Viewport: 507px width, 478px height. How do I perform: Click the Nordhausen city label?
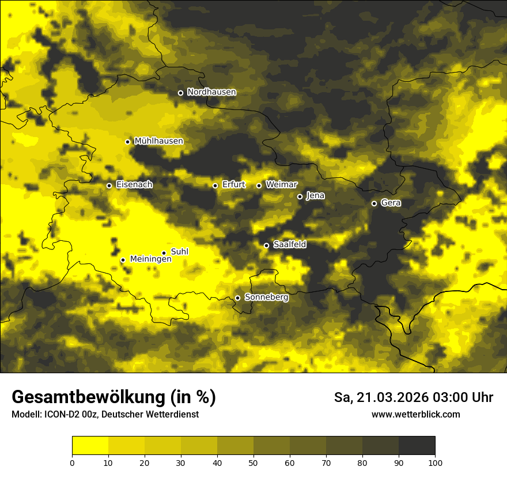click(x=211, y=92)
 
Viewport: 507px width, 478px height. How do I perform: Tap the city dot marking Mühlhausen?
click(x=127, y=142)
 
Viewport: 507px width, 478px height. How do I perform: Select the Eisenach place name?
click(x=134, y=185)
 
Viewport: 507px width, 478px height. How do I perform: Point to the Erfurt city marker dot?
click(x=215, y=185)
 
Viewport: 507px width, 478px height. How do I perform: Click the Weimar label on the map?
click(x=281, y=185)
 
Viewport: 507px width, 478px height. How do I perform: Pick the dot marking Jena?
click(x=300, y=196)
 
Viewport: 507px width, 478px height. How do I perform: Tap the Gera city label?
click(x=391, y=203)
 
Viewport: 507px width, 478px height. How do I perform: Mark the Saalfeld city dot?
click(x=266, y=245)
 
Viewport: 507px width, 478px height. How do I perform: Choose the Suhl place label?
click(x=180, y=252)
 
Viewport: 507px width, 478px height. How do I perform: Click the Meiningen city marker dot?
click(x=123, y=260)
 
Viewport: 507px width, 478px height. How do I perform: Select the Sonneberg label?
click(x=266, y=297)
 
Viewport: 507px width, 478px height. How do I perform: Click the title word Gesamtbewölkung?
click(x=89, y=397)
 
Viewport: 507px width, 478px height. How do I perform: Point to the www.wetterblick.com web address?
click(x=415, y=415)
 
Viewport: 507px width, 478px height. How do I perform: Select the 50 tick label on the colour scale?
click(x=253, y=462)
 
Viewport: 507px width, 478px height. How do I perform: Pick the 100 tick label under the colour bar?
click(x=435, y=462)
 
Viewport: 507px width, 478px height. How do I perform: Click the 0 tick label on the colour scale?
click(x=72, y=462)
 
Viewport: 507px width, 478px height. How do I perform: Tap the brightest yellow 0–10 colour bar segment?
click(x=90, y=446)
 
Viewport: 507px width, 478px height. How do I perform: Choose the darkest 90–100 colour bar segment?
click(x=417, y=446)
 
